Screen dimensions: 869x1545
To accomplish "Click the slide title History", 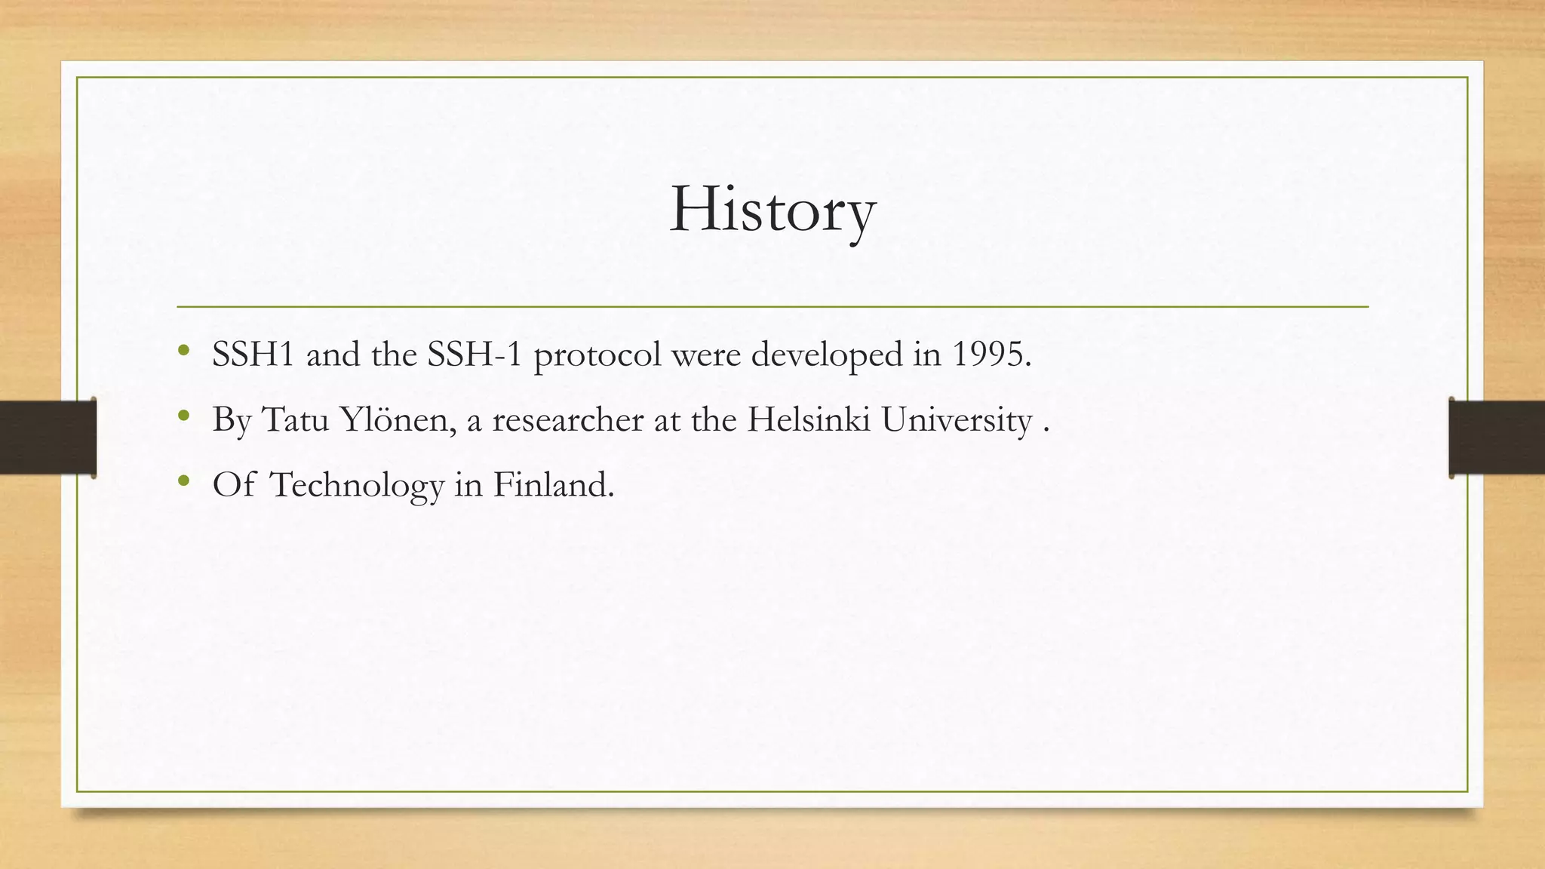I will coord(772,210).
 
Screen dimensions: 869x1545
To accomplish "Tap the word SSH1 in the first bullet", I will coord(253,354).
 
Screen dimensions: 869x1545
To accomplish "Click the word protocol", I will coord(597,355).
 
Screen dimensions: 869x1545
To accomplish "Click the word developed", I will coord(827,355).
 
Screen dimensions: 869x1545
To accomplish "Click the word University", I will coord(957,420).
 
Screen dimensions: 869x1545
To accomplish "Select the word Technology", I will coord(357,485).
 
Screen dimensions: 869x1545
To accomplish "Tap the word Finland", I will coord(554,484).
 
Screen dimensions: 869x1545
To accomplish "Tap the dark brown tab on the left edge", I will coord(48,438).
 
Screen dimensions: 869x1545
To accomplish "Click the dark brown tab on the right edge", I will coord(1497,438).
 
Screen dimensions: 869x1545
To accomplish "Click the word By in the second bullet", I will coord(231,420).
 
